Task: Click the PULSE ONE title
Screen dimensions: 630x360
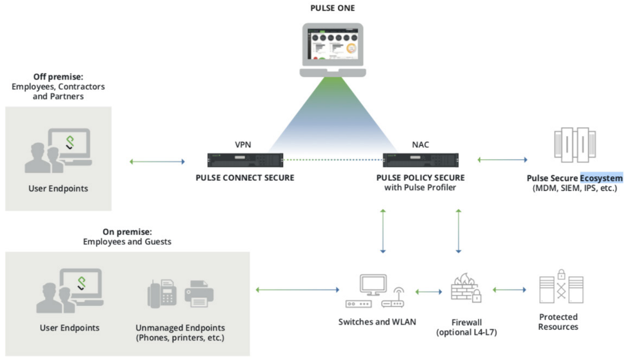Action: tap(332, 8)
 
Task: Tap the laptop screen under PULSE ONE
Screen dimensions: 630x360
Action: tap(333, 44)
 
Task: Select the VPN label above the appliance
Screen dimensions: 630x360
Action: tap(242, 145)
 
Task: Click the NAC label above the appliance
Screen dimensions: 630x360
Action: tap(420, 145)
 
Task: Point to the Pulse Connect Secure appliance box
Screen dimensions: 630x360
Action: tap(245, 160)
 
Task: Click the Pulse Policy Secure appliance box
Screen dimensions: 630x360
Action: tap(420, 160)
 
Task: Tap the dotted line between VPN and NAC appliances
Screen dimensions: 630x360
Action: tap(333, 160)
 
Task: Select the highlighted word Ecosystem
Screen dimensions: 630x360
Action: tap(601, 178)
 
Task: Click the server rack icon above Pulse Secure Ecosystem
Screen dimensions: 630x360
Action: tap(575, 145)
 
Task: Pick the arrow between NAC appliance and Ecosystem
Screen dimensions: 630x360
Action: tap(502, 160)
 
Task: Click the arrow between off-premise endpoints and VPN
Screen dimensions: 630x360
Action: tap(157, 161)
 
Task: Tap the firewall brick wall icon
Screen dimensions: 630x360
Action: tap(466, 288)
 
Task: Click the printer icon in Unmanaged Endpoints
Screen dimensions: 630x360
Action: tap(199, 294)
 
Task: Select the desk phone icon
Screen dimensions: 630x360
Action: tap(162, 294)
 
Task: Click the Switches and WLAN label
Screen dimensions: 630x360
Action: tap(377, 322)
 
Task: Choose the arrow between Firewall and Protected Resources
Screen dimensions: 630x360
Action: tap(509, 290)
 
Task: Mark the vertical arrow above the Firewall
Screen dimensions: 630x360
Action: tap(458, 231)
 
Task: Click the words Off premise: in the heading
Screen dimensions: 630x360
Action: tap(58, 77)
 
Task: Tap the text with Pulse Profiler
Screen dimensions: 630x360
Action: tap(420, 188)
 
